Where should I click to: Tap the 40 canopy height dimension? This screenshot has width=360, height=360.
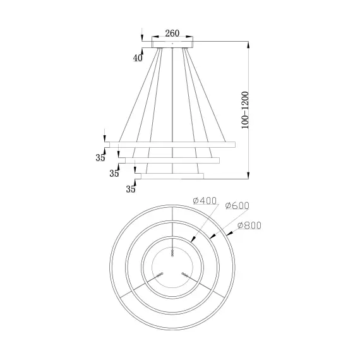138,58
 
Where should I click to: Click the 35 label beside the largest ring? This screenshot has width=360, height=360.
100,158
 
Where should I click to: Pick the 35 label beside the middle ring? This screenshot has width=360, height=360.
114,172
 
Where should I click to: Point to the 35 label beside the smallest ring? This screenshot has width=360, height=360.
131,188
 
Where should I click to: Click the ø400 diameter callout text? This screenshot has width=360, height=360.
205,201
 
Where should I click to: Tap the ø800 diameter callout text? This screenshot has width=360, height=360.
249,225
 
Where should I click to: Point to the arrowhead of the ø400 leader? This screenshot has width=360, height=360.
192,239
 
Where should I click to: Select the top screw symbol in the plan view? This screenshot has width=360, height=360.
172,253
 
